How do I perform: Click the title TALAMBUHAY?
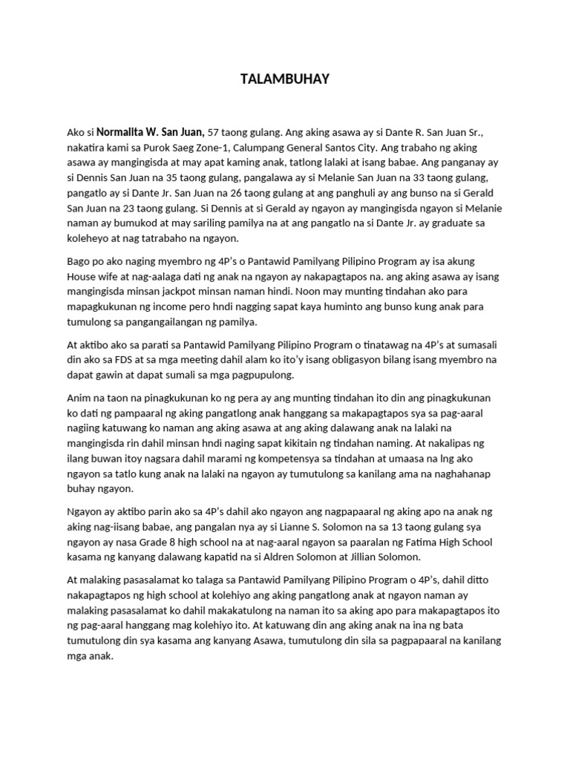coord(285,79)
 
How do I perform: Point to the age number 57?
coord(214,131)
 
